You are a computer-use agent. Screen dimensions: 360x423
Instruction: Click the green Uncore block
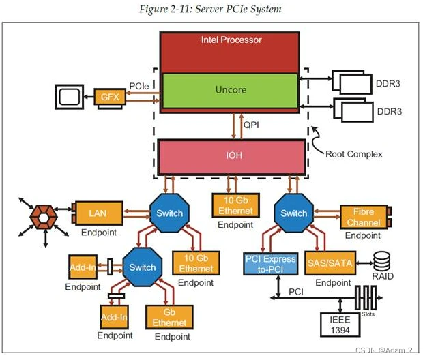pos(230,90)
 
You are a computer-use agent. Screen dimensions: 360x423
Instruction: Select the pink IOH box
pos(230,156)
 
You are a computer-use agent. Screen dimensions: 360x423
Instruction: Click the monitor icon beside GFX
pos(70,97)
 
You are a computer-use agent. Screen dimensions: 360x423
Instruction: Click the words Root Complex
pos(353,154)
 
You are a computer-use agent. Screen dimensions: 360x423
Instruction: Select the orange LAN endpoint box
pos(97,213)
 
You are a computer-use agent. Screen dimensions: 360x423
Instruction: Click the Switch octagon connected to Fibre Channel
pos(294,213)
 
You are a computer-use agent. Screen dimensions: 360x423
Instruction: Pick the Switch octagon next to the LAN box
pos(169,213)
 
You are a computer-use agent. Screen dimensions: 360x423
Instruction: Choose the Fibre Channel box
pos(364,217)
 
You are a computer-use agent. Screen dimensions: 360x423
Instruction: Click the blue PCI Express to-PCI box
pos(270,264)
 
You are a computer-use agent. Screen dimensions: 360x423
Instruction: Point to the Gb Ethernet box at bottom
pos(169,318)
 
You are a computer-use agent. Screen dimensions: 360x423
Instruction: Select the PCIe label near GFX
pos(144,87)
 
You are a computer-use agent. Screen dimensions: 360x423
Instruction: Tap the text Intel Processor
pos(231,40)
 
